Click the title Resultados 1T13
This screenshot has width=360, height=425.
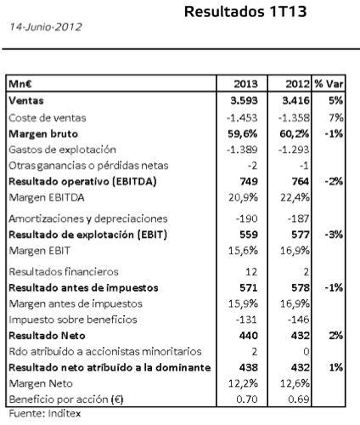(246, 12)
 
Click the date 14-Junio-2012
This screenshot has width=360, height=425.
(43, 28)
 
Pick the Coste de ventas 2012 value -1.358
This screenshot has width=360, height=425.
(293, 115)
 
